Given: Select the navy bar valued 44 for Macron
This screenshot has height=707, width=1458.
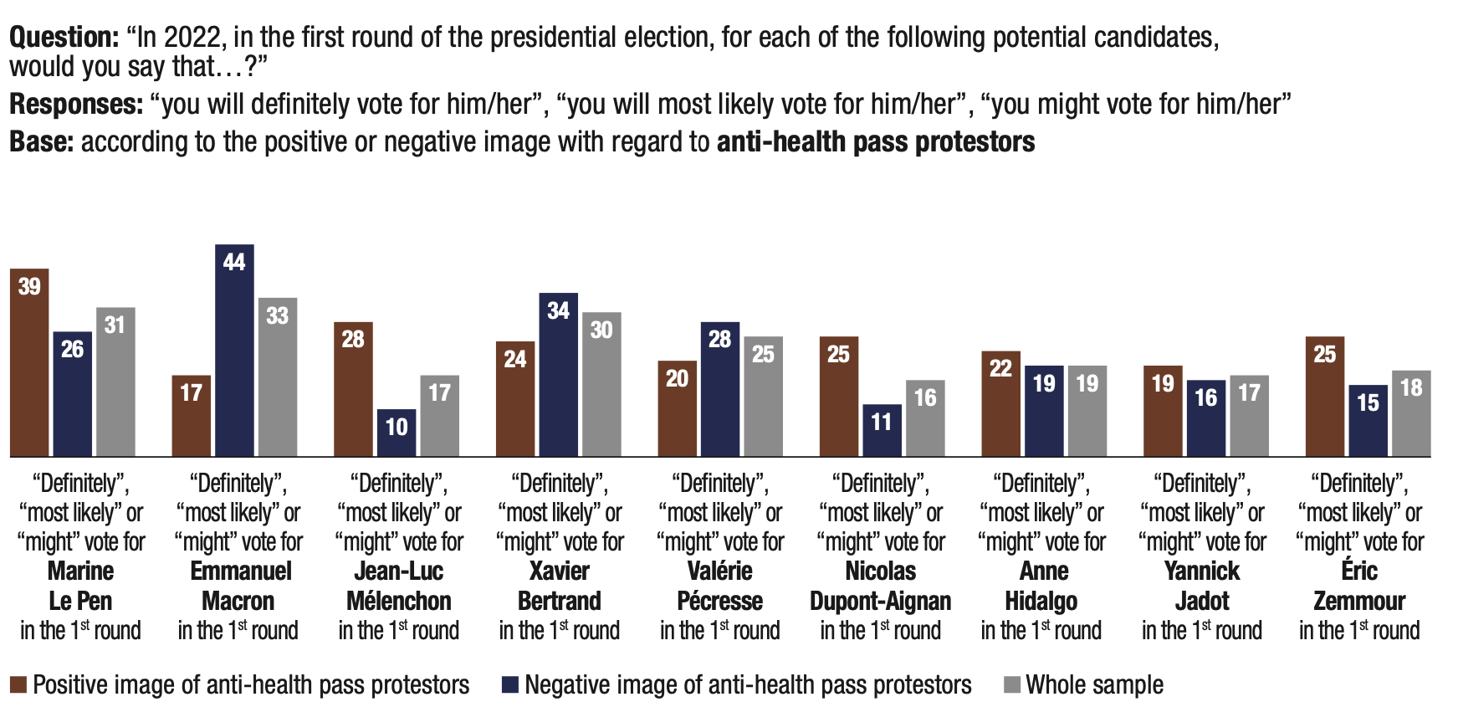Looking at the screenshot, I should coord(234,351).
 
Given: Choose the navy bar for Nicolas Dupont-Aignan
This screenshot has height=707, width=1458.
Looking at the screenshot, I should coord(882,430).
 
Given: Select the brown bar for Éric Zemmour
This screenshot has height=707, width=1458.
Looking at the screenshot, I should coord(1325,397).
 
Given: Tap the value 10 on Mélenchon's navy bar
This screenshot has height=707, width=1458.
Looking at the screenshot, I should coord(396,427).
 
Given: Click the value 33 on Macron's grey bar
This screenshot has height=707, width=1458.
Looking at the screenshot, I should coord(277,315).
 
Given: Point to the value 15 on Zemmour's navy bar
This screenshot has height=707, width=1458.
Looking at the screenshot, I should coord(1368,402).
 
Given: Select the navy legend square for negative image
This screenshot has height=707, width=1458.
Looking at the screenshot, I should coord(509,685).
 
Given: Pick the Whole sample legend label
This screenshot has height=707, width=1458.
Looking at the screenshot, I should coord(1094,685).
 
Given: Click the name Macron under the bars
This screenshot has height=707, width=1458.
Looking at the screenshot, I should coord(238,601).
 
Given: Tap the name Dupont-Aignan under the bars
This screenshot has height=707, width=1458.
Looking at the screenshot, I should coord(881,601).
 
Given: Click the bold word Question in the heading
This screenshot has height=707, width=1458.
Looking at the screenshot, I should coord(64,38).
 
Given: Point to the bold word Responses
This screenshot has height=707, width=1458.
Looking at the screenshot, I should coord(76,105).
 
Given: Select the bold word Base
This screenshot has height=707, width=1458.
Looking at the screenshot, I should coord(41,142).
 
